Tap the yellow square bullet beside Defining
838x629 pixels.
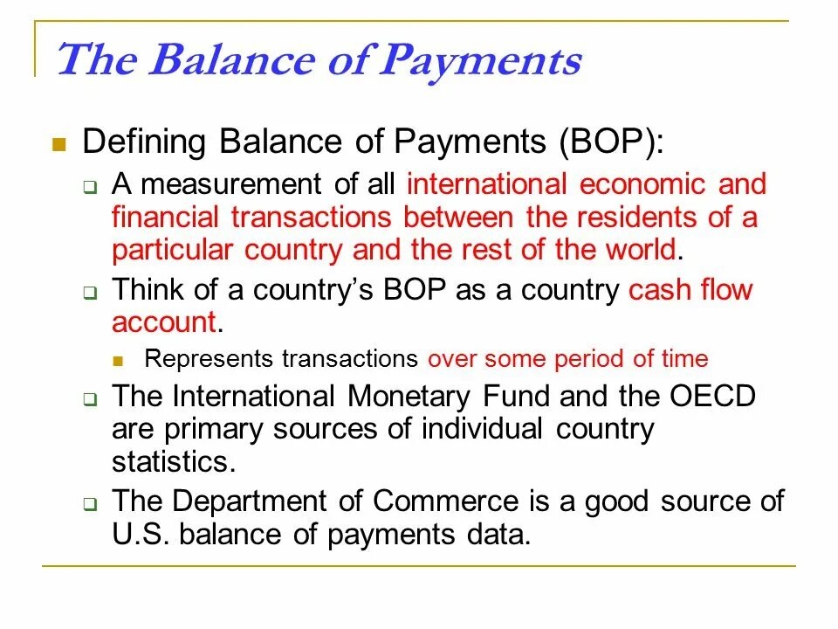tap(59, 144)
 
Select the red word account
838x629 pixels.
tap(163, 321)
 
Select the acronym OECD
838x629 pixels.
tap(711, 396)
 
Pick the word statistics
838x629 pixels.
tap(174, 460)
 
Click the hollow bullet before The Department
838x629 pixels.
tap(89, 505)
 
